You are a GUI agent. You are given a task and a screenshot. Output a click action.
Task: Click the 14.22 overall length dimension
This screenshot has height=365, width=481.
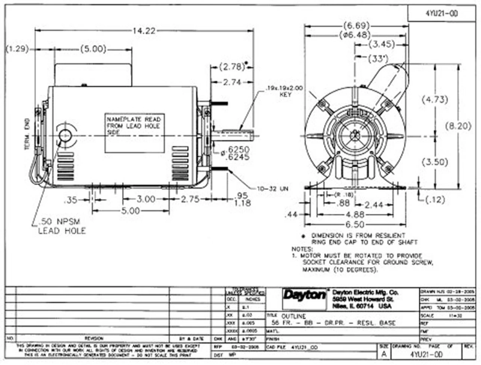click(143, 31)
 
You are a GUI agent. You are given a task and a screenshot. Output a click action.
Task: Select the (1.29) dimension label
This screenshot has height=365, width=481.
click(17, 49)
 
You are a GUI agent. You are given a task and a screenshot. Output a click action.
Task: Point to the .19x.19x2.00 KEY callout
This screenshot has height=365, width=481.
click(285, 91)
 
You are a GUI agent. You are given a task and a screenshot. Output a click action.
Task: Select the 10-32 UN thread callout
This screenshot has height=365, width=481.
click(273, 189)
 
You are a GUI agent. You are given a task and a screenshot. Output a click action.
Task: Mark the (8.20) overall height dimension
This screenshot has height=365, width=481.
click(458, 126)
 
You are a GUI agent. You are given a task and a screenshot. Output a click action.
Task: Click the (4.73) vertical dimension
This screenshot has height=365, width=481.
click(434, 100)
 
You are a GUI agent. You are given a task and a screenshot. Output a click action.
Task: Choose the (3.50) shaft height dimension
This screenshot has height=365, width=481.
click(434, 162)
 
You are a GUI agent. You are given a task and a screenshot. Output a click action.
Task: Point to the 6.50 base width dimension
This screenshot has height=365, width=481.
click(355, 224)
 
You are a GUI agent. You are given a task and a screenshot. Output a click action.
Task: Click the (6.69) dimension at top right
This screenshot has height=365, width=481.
click(356, 26)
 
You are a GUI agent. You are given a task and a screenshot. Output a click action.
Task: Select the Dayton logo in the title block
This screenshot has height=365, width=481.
click(305, 295)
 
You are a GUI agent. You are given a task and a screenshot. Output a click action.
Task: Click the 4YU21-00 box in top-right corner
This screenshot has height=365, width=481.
click(442, 14)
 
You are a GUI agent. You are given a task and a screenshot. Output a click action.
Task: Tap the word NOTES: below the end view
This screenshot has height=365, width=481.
click(302, 249)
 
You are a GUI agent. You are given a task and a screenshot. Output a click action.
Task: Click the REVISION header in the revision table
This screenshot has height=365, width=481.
click(94, 339)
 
